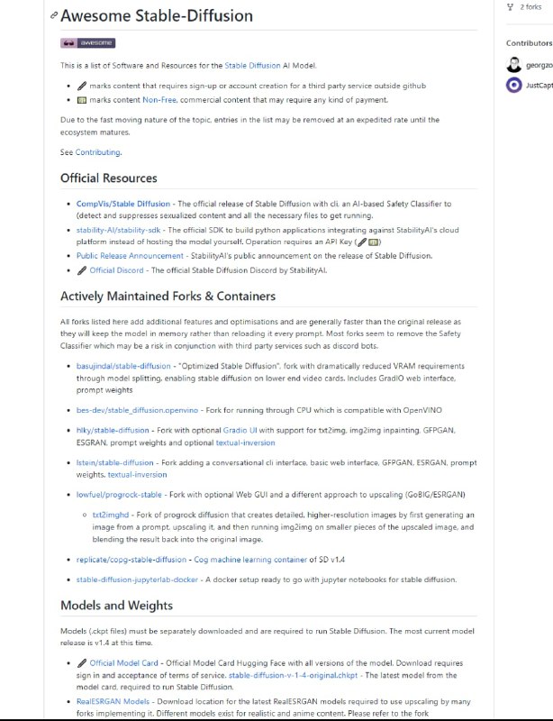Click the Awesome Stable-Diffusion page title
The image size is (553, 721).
(x=157, y=16)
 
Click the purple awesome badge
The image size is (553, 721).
(x=87, y=42)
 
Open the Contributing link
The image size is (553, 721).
(x=97, y=152)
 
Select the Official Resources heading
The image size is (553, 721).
(x=108, y=178)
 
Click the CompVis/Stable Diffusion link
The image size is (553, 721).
(x=110, y=205)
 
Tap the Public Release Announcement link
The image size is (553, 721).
(x=130, y=256)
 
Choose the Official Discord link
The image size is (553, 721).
(x=116, y=270)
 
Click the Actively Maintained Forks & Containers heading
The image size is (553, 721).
(x=168, y=296)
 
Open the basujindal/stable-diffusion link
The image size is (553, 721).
(x=123, y=366)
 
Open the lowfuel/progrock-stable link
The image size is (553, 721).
(x=119, y=495)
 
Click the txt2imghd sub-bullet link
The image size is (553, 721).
(x=110, y=514)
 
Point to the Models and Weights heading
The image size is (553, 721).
(x=116, y=605)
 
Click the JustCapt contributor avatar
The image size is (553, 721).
(x=513, y=85)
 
